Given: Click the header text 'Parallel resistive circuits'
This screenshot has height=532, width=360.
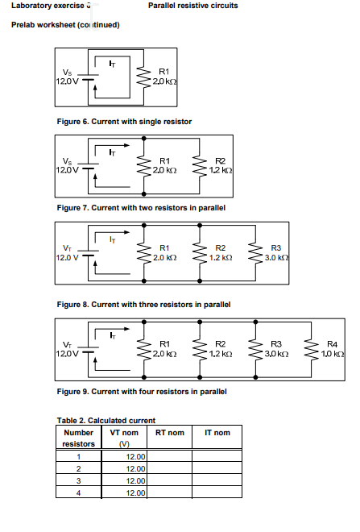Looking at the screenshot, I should (192, 6).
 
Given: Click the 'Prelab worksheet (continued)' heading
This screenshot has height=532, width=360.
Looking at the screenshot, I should (65, 25).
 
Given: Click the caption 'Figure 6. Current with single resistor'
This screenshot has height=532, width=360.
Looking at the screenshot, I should (124, 121).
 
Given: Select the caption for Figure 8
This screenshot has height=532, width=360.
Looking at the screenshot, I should (143, 305).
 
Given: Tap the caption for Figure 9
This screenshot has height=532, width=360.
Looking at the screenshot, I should (141, 392).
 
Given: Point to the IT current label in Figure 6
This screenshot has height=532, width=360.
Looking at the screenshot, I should (113, 64).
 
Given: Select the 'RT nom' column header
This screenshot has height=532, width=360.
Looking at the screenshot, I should (169, 433).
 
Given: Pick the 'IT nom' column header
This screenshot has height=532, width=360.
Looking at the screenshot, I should (217, 433).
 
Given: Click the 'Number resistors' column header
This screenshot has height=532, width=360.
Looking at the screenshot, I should (78, 438).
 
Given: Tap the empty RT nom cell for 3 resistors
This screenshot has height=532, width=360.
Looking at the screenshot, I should (169, 480).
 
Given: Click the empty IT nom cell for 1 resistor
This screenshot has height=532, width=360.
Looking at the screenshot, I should (217, 456).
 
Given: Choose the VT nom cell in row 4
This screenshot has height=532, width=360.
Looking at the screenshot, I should (124, 493).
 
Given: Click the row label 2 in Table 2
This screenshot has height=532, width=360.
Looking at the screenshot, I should (78, 468).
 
